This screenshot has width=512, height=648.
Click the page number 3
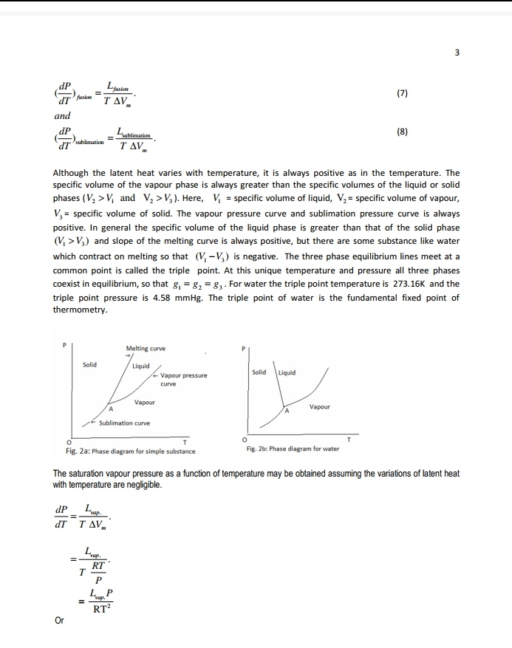(457, 52)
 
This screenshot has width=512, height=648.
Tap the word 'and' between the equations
(62, 116)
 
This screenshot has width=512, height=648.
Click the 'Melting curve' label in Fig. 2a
(146, 347)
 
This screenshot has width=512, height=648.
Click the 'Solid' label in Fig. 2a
(89, 364)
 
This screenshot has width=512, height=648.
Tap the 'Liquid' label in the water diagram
(287, 372)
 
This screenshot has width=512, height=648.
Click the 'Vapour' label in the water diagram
(319, 407)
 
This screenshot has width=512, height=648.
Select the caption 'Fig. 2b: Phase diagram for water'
(293, 449)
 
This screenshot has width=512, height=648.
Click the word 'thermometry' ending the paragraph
(80, 310)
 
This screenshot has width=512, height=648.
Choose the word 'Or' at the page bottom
(58, 620)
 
